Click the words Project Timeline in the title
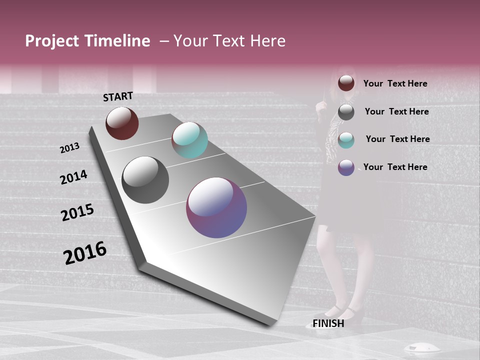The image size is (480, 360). [87, 41]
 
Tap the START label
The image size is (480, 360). [118, 96]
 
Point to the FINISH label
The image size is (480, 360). [328, 323]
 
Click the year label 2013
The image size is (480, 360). [69, 148]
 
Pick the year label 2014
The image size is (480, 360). [73, 177]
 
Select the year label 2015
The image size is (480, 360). [77, 212]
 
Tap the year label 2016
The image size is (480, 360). [85, 253]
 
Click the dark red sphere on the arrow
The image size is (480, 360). [122, 123]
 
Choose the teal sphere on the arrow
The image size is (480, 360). [189, 140]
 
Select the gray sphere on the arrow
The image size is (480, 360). [145, 180]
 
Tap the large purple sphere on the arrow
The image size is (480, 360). [216, 207]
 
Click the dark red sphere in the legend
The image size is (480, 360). [346, 83]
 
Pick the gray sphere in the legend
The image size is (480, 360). [346, 112]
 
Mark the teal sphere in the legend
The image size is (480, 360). [346, 140]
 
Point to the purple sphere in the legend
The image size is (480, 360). [346, 167]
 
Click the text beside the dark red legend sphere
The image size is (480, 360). [395, 83]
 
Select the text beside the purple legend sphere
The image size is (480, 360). [395, 167]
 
